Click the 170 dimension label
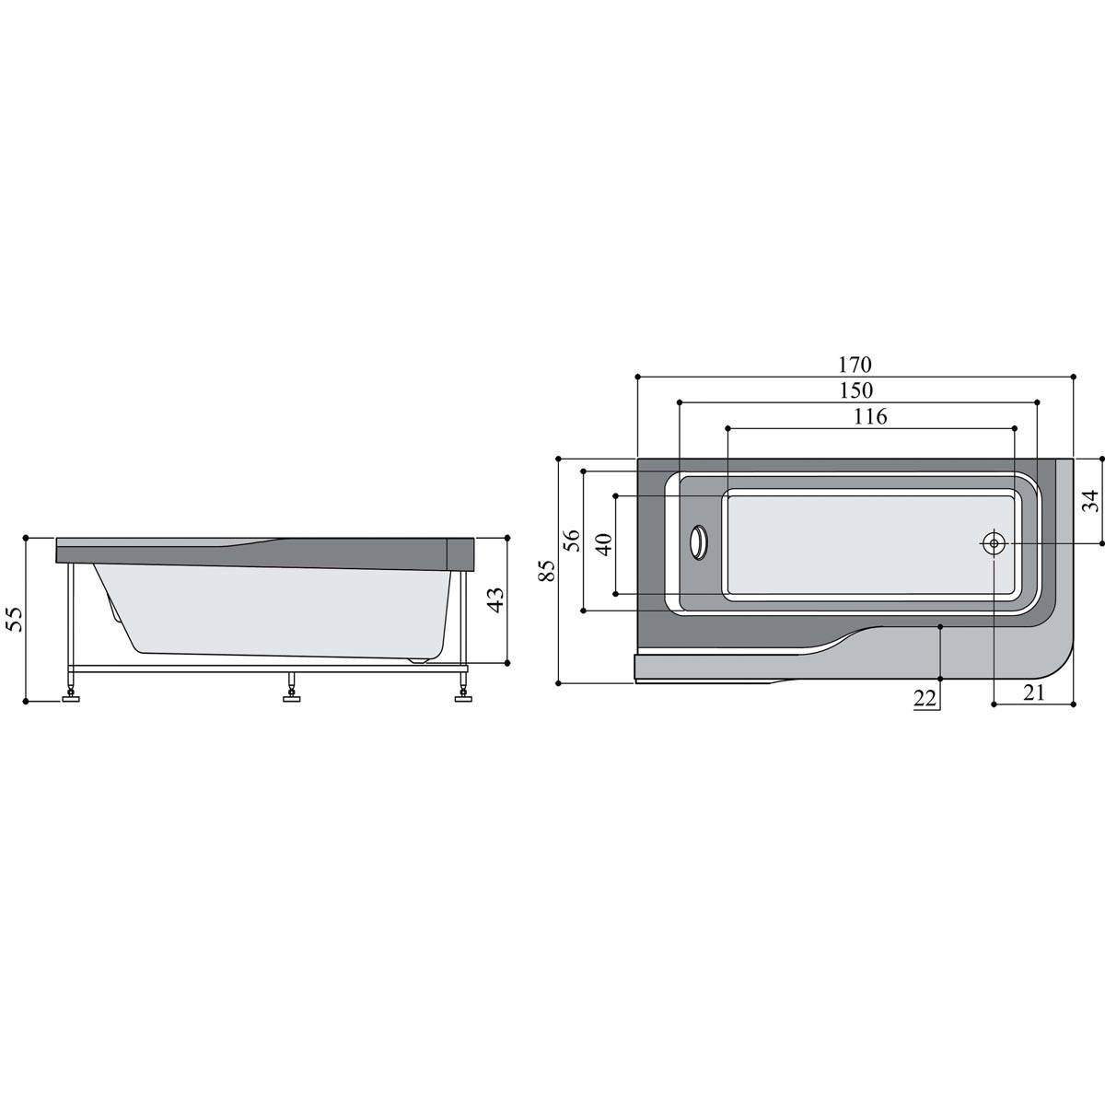855,364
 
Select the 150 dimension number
856,390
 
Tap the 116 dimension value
870,416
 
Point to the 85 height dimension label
548,571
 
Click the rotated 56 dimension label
571,541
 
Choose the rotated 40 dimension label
604,544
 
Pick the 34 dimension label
1090,501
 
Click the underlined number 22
925,698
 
